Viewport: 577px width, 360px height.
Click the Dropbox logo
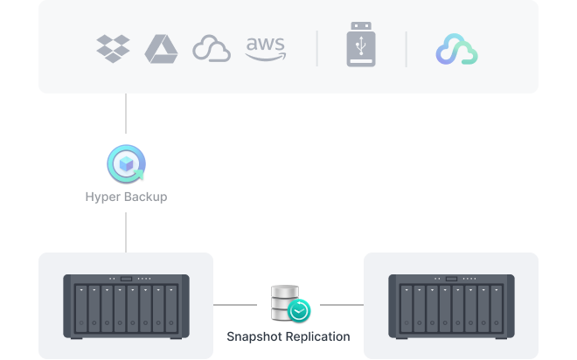[x=113, y=49]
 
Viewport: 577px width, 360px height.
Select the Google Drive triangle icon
[x=161, y=49]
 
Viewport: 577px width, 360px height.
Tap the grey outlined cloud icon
[x=212, y=48]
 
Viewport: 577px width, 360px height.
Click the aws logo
[x=265, y=49]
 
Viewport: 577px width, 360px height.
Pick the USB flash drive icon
[x=361, y=45]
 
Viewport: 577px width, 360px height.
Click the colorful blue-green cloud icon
[x=456, y=49]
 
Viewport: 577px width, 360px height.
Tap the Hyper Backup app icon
[x=126, y=163]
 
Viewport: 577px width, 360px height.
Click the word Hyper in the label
[x=101, y=197]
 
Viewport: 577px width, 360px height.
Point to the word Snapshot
[x=254, y=336]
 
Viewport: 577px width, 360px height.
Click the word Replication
[x=317, y=336]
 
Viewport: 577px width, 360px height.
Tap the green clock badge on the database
[x=299, y=311]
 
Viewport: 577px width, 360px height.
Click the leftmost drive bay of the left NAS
[x=81, y=308]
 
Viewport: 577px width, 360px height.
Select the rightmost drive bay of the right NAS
[x=497, y=308]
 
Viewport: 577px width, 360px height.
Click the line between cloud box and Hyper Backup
[x=126, y=114]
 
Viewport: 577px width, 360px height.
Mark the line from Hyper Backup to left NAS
[x=126, y=232]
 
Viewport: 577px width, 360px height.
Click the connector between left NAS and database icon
[x=235, y=305]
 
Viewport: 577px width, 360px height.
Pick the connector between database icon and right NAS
[x=342, y=305]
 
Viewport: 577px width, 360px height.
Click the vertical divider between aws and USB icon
[x=316, y=49]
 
